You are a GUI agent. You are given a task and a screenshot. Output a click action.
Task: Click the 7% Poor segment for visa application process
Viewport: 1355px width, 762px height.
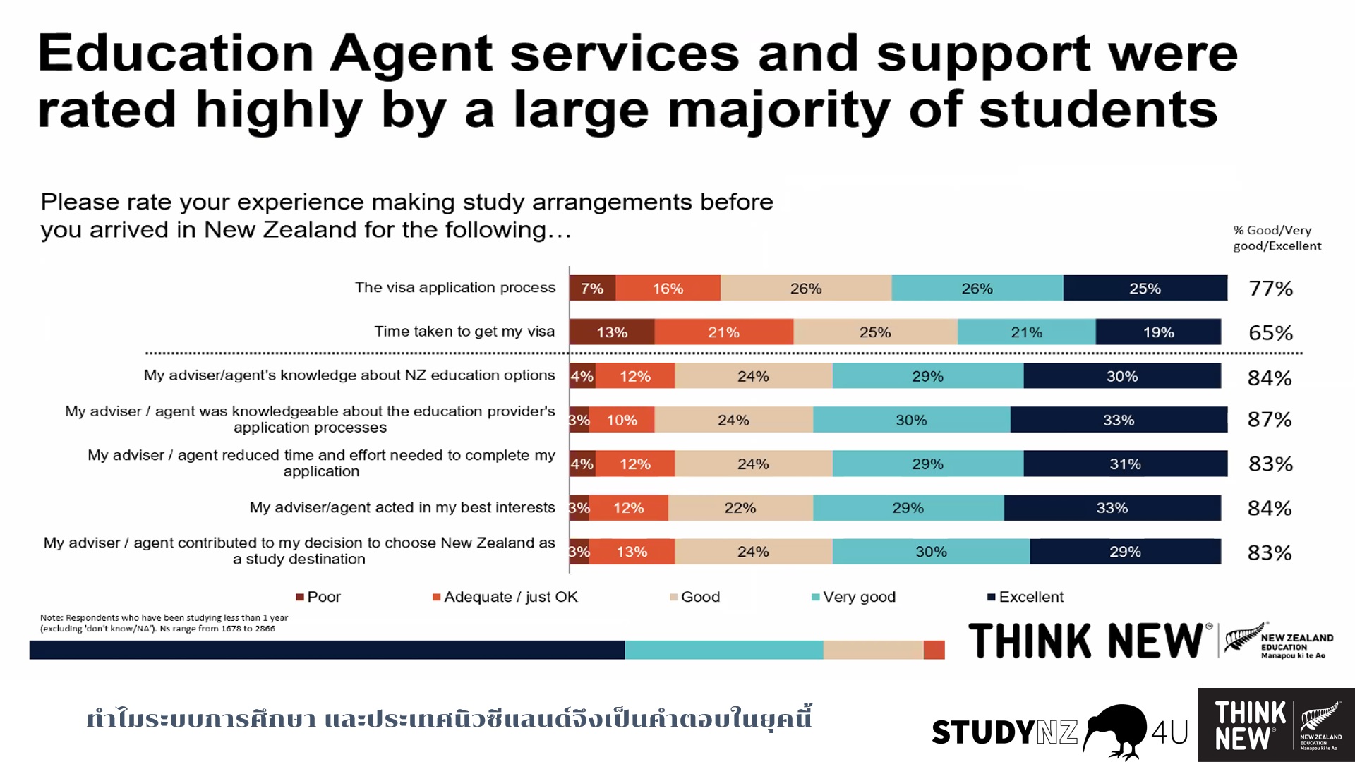[x=592, y=289]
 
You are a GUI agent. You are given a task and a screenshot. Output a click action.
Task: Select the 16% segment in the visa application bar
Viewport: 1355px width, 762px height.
[x=668, y=289]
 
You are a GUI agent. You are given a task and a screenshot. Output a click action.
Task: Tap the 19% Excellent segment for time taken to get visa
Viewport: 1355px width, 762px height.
[x=1158, y=332]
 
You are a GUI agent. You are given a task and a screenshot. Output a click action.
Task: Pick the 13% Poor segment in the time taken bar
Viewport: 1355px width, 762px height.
[x=612, y=332]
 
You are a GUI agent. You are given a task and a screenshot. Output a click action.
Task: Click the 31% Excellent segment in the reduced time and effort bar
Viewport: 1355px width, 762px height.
[x=1125, y=464]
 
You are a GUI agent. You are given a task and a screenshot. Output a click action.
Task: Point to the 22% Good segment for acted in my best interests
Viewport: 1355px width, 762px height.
[x=740, y=508]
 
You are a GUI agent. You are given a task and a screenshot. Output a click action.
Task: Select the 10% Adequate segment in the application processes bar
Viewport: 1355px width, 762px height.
[x=622, y=421]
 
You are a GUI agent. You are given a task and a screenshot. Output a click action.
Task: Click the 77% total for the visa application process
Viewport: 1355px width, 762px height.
[x=1270, y=289]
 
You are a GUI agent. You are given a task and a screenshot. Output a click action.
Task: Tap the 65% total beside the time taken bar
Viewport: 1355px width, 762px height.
[x=1270, y=332]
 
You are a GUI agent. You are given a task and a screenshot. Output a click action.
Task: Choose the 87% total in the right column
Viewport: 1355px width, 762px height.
[x=1269, y=420]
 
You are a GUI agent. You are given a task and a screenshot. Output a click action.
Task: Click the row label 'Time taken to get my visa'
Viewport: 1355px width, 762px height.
[x=464, y=332]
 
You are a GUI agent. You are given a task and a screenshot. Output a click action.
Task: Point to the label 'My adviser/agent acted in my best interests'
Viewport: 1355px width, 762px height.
[x=402, y=507]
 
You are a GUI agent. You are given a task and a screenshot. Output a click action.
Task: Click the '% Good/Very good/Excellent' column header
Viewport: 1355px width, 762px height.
[x=1277, y=238]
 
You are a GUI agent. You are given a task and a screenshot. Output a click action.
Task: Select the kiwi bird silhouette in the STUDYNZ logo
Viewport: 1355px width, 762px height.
[x=1115, y=730]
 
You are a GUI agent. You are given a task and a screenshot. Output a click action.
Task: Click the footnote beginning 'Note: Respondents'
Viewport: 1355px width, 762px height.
[x=164, y=623]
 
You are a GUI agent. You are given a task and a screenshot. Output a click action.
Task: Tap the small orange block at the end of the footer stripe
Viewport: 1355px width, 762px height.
[x=934, y=650]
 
